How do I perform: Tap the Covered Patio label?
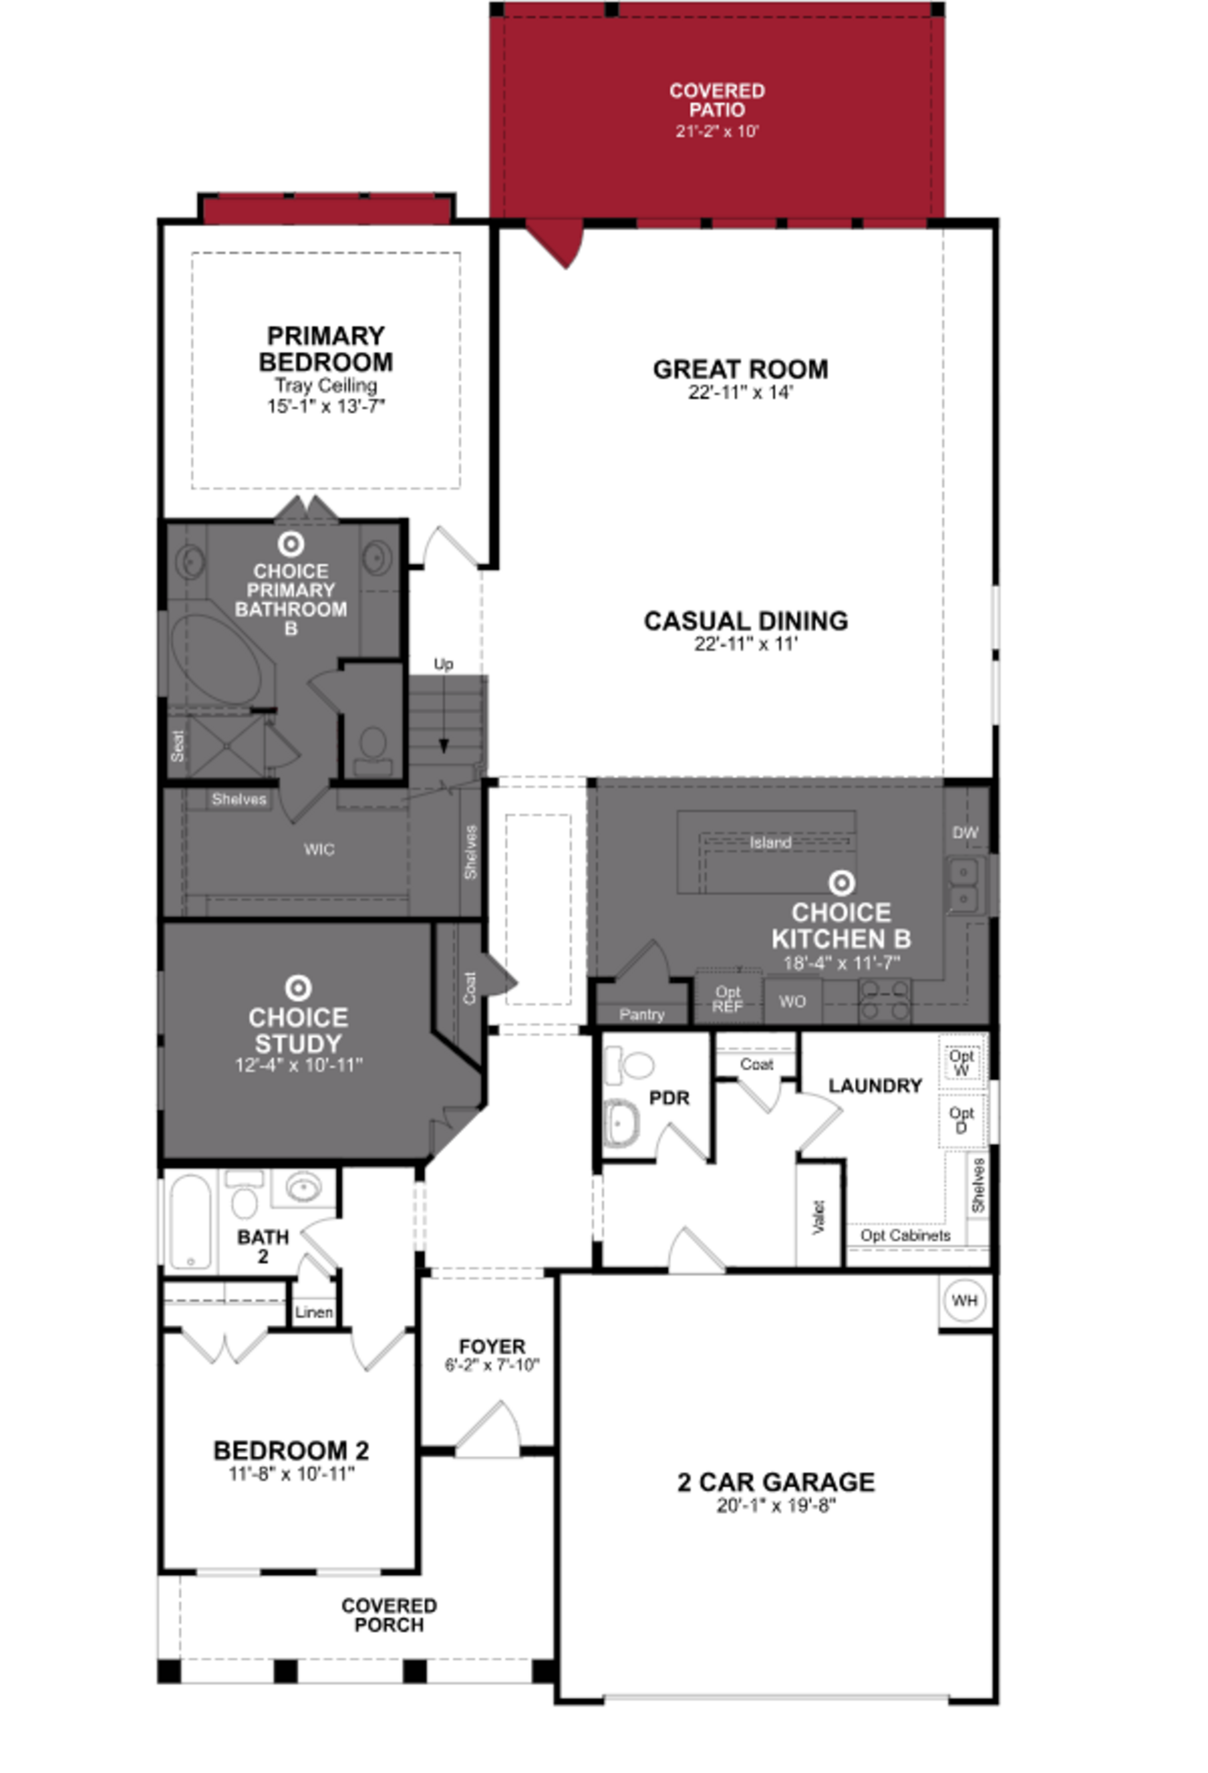coord(717,100)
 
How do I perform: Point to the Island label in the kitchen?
coord(770,842)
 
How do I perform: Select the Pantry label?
coord(642,1014)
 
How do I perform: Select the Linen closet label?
coord(314,1312)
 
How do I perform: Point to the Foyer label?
coord(492,1347)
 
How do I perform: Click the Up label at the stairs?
coord(443,664)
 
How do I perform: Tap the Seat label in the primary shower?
coord(178,746)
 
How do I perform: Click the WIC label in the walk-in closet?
coord(319,849)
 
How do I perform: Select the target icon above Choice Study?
coord(298,988)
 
